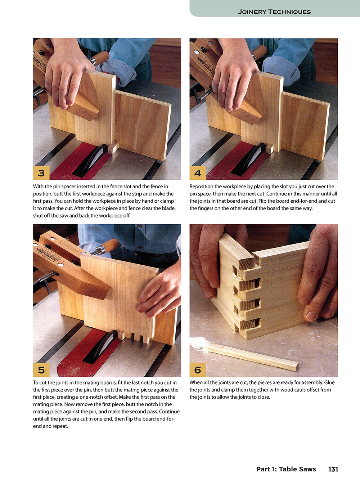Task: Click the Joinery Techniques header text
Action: click(x=274, y=12)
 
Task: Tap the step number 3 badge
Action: click(x=41, y=173)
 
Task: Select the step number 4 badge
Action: click(x=198, y=173)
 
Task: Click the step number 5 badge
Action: click(x=41, y=369)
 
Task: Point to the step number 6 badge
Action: click(x=198, y=369)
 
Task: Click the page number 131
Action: click(x=333, y=469)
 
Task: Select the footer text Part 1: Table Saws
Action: click(x=286, y=469)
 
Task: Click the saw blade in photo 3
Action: click(x=90, y=158)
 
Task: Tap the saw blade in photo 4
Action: click(x=248, y=158)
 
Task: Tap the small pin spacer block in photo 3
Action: click(x=113, y=147)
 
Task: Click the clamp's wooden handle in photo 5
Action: click(x=107, y=246)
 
